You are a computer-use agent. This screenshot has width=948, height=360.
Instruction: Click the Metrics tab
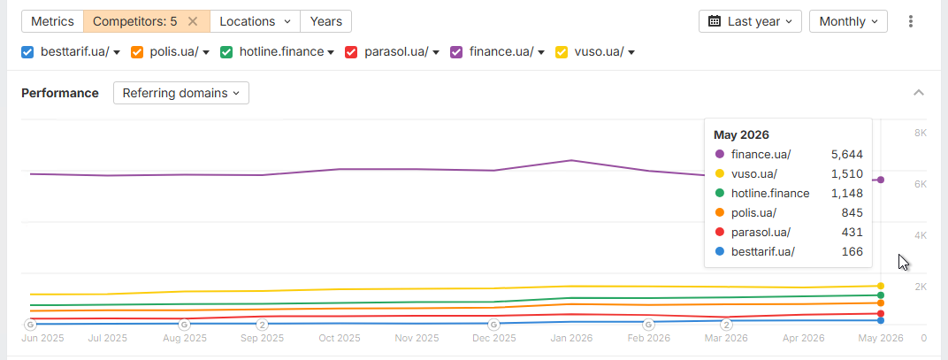point(52,21)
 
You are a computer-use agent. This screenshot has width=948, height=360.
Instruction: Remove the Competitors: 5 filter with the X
point(193,21)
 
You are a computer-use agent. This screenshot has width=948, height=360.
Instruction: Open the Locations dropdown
point(255,21)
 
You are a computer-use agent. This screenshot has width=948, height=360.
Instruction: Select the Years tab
point(325,21)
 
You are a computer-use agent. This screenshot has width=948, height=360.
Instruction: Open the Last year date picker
point(750,21)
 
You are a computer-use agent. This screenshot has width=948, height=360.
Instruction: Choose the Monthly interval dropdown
point(848,21)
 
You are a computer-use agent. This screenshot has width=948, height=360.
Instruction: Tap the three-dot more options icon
point(911,21)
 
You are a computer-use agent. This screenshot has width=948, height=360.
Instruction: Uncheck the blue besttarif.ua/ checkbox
point(27,52)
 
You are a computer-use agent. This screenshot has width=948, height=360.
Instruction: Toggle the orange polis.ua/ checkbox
point(137,52)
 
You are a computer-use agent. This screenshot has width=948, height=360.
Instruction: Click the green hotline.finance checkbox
point(226,52)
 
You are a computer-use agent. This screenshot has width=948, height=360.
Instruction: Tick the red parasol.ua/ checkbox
point(351,52)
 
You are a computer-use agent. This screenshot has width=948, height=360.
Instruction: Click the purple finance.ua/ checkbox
point(456,52)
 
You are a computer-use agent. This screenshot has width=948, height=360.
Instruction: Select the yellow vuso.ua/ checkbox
point(562,52)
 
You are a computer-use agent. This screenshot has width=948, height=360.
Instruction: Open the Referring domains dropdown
point(181,93)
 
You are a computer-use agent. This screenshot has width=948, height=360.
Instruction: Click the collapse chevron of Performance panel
point(918,93)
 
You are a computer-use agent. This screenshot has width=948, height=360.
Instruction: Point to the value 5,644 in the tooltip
point(847,154)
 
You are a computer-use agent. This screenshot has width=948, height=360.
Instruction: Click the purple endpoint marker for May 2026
point(881,180)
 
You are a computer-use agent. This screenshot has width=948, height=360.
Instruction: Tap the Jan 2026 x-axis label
point(570,338)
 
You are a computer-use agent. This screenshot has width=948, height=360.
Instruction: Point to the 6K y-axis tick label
point(921,185)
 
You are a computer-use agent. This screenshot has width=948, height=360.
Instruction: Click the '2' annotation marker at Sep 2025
point(263,325)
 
